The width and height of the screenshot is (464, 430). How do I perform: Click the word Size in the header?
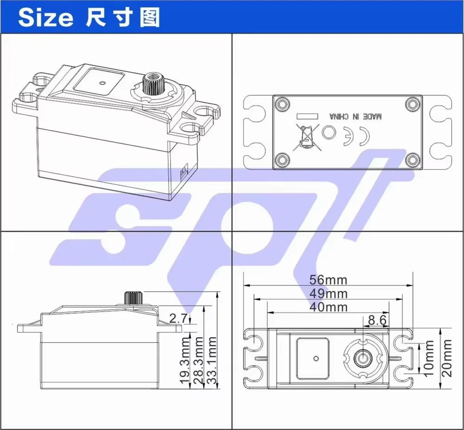46,18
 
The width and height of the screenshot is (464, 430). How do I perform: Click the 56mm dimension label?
328,280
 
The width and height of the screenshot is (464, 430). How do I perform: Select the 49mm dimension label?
328,293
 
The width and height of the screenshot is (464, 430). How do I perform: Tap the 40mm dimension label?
328,307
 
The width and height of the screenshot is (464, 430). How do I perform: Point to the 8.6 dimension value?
377,320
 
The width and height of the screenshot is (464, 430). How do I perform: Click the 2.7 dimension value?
178,318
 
